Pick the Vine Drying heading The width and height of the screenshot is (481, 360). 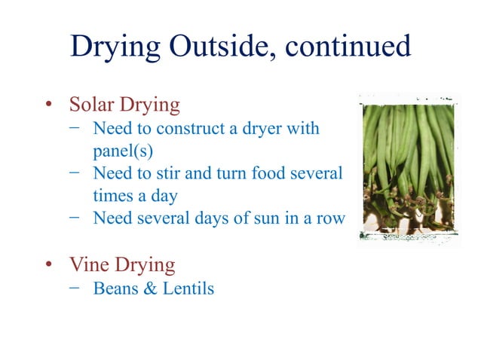coord(122,264)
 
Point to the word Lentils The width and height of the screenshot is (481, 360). coord(188,288)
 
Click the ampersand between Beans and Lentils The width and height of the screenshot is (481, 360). coord(147,288)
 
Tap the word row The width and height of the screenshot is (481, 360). coord(329,218)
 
